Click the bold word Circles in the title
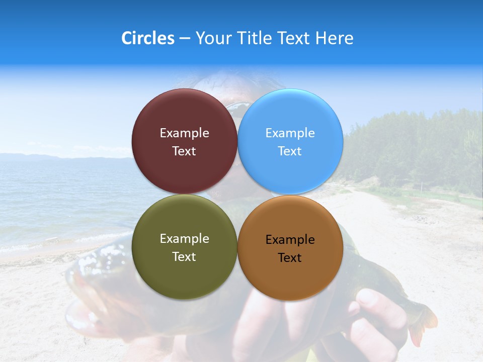pos(148,38)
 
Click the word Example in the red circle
pos(184,133)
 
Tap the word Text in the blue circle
pos(290,151)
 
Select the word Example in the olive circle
pos(184,239)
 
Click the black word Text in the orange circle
pos(290,258)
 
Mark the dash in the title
pos(185,39)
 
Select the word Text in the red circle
pos(184,151)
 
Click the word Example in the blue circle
pos(290,133)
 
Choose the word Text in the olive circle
pos(184,257)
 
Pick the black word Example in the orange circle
pos(290,240)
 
